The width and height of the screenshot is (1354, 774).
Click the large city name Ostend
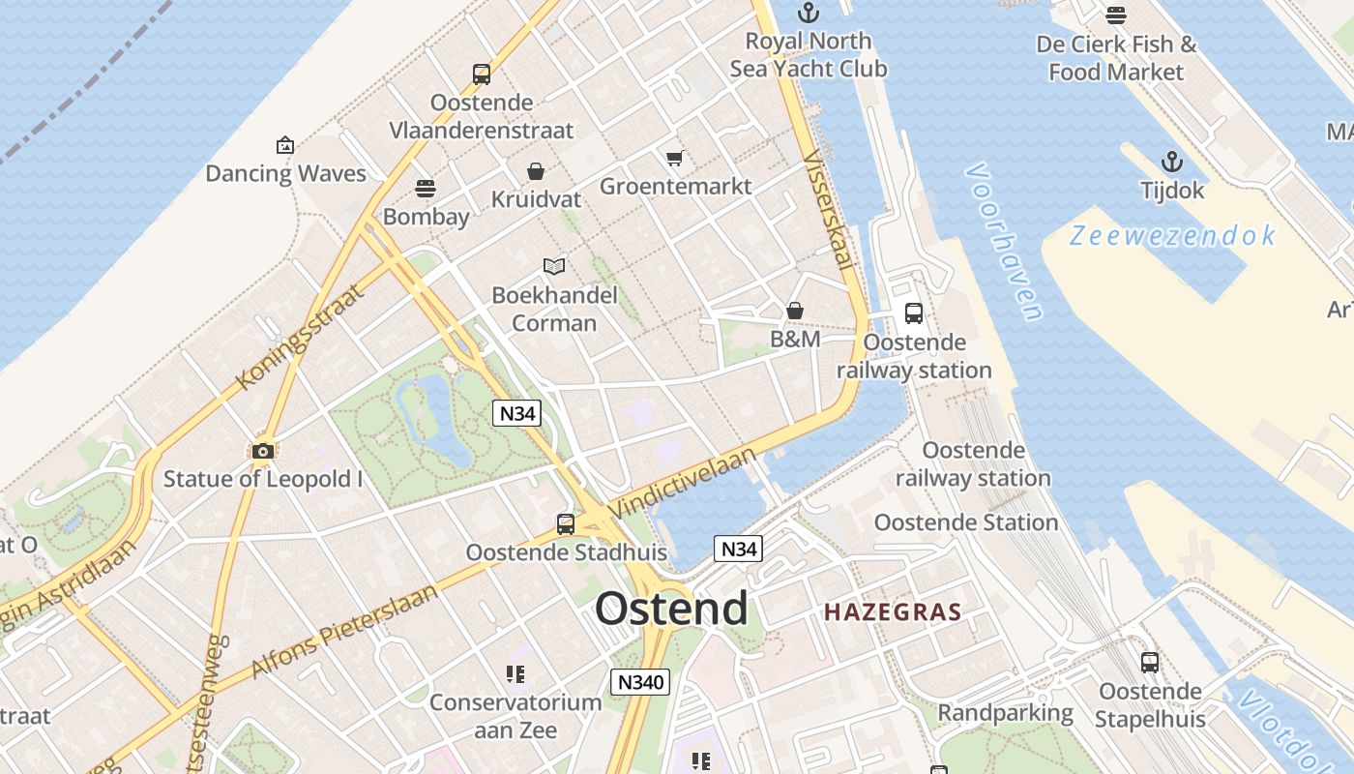tap(671, 609)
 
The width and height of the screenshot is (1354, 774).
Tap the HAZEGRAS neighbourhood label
tap(893, 611)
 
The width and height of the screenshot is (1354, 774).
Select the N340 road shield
tap(640, 682)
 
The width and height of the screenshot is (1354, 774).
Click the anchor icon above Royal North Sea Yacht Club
tap(808, 13)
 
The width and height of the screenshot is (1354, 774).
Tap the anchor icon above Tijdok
tap(1172, 162)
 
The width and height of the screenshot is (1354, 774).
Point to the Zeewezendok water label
tap(1172, 235)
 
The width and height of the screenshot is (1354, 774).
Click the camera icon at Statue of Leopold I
tap(262, 451)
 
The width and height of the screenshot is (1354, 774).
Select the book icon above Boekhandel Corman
tap(553, 266)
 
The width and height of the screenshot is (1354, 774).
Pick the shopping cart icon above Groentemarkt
tap(674, 158)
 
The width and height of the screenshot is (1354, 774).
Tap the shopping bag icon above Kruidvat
tap(536, 171)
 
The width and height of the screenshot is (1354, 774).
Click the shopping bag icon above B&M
tap(794, 311)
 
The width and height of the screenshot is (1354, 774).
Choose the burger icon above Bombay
tap(426, 188)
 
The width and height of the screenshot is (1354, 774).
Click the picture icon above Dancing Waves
tap(285, 145)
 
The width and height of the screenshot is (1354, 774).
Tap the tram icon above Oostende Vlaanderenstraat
tap(481, 74)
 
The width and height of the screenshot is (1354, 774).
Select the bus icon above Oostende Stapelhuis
tap(1149, 663)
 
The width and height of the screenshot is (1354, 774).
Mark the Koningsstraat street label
tap(301, 336)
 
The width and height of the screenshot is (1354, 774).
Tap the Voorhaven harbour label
tap(1004, 242)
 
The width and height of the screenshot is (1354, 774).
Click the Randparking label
tap(1006, 713)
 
